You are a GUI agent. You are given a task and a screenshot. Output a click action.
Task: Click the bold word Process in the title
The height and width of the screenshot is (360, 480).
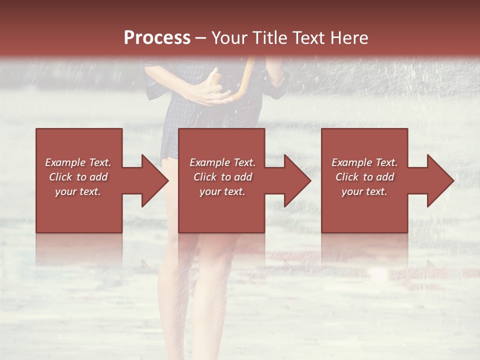coord(157,38)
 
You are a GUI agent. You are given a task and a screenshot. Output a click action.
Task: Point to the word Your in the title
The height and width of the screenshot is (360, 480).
coord(229,38)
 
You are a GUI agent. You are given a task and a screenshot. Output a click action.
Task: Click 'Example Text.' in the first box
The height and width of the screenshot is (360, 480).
coord(78,162)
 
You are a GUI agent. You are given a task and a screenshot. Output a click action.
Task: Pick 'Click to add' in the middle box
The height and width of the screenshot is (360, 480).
coord(222,177)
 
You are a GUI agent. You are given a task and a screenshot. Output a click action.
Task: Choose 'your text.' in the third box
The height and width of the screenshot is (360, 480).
coord(364,191)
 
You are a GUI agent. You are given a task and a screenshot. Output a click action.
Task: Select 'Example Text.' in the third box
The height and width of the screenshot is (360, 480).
coord(364,162)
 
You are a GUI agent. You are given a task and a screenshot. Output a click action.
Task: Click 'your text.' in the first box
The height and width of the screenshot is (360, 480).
coord(78,191)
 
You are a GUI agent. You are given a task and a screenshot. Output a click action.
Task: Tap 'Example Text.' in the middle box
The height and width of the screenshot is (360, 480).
coord(222,162)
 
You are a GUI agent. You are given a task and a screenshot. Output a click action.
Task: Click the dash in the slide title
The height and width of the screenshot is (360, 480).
coord(201,38)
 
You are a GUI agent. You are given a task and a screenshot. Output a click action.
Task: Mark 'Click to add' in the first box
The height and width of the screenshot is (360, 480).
coord(78,177)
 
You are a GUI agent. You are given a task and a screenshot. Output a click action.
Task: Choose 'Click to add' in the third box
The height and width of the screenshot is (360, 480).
coord(364,177)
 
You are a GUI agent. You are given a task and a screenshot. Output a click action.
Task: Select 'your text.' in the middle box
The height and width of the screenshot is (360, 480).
coord(222,191)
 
